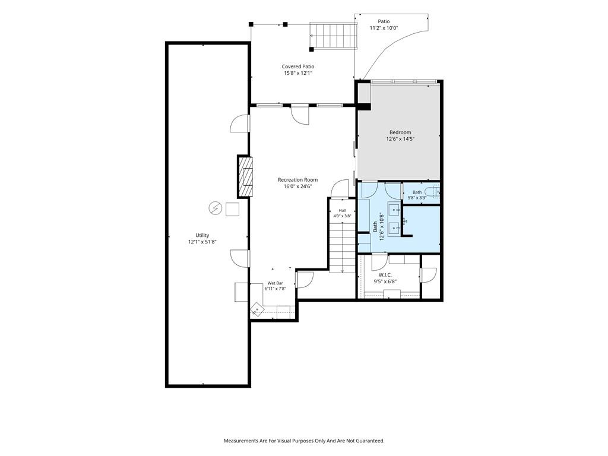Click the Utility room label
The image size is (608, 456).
(x=202, y=235)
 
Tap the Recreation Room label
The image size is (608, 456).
(x=298, y=179)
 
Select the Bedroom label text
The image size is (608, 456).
(x=400, y=132)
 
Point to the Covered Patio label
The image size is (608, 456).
(x=298, y=66)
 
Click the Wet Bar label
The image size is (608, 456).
(x=275, y=283)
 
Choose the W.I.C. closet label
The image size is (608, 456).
(x=385, y=275)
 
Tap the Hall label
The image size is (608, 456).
(x=343, y=211)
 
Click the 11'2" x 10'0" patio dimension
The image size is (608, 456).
(x=384, y=28)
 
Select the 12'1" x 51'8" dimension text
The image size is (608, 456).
(x=202, y=242)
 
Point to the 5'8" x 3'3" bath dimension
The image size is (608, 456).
(x=417, y=197)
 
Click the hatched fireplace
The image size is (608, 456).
(x=245, y=176)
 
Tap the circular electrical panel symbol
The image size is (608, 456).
(x=215, y=208)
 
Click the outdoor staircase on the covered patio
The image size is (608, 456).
(x=334, y=36)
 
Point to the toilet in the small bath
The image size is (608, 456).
(x=432, y=191)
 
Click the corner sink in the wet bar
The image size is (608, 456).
(x=256, y=309)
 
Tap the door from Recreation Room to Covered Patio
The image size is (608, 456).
(x=300, y=115)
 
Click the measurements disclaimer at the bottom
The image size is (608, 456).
(x=304, y=441)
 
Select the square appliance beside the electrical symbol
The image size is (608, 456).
(x=232, y=209)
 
